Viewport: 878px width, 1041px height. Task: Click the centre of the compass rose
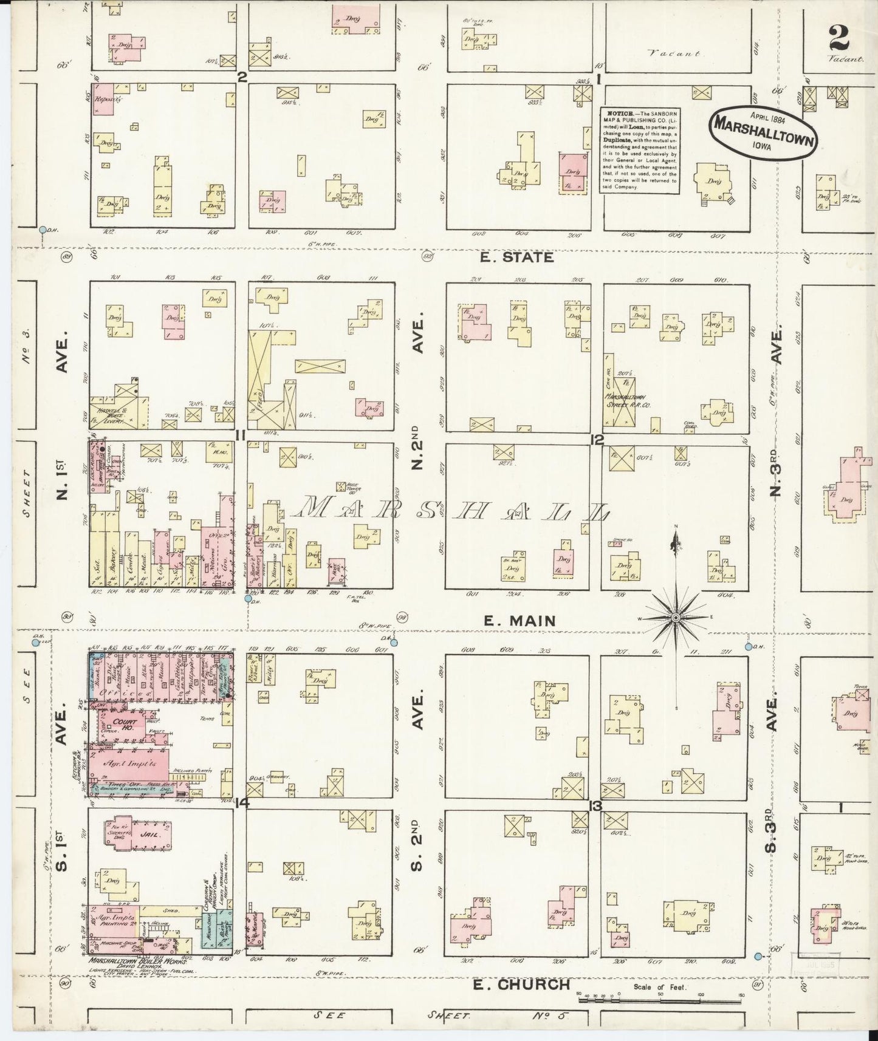click(x=675, y=618)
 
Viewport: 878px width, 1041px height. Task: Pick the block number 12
click(x=598, y=440)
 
